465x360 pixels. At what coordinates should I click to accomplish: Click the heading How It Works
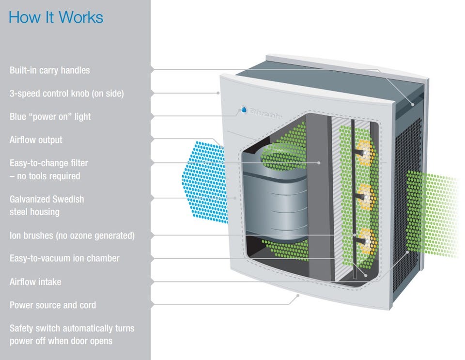pyautogui.click(x=56, y=18)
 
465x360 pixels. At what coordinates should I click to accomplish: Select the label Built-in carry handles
pyautogui.click(x=49, y=70)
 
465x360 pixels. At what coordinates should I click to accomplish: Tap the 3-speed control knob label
pyautogui.click(x=66, y=94)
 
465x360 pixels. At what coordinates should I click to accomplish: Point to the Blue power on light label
pyautogui.click(x=50, y=117)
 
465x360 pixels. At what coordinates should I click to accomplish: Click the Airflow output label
pyautogui.click(x=36, y=140)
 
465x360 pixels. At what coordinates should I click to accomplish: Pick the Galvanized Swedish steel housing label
pyautogui.click(x=46, y=205)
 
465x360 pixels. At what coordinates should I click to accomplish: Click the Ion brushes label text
pyautogui.click(x=72, y=235)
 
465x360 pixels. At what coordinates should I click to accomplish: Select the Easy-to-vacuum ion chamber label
pyautogui.click(x=64, y=258)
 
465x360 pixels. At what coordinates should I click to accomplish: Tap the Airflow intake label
pyautogui.click(x=35, y=282)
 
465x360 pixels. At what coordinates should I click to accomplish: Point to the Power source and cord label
pyautogui.click(x=52, y=305)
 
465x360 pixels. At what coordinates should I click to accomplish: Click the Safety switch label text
pyautogui.click(x=72, y=334)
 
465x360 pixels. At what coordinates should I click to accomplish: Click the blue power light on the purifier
pyautogui.click(x=243, y=110)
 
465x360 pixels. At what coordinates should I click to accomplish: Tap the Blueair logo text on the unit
pyautogui.click(x=266, y=112)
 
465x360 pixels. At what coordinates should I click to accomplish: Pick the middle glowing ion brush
pyautogui.click(x=367, y=197)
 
